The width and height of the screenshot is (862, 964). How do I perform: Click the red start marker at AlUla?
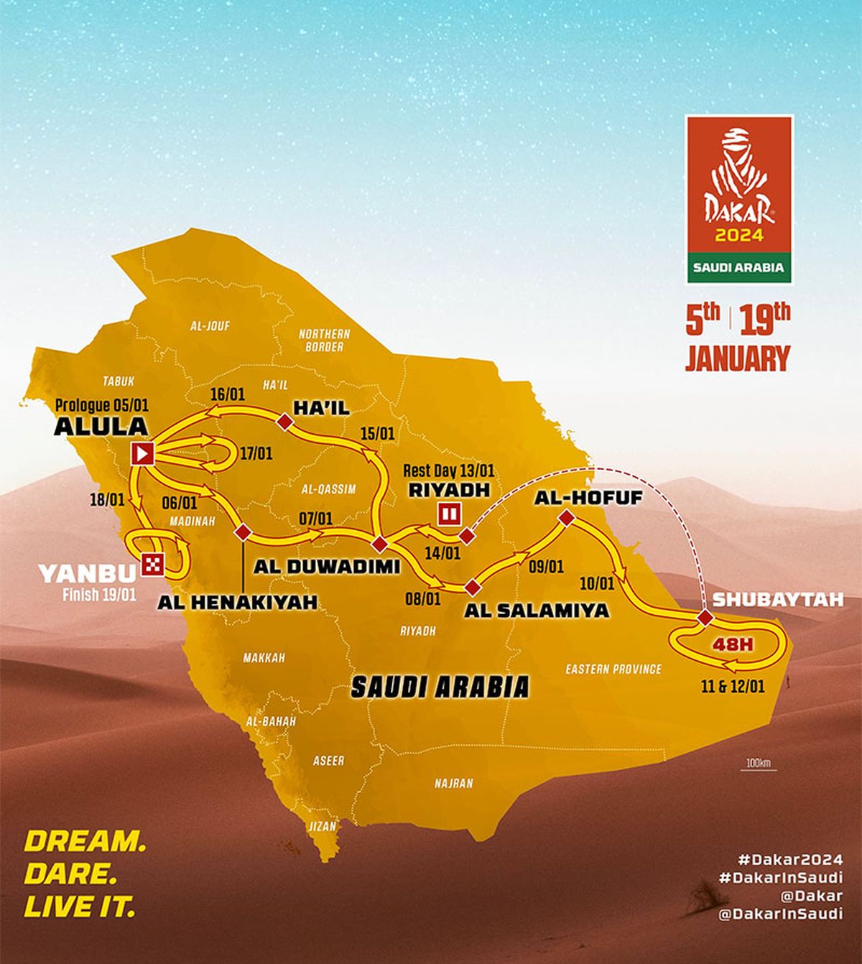click(143, 453)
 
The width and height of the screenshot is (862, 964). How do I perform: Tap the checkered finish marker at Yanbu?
click(152, 564)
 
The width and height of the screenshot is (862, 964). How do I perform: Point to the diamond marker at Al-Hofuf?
click(566, 517)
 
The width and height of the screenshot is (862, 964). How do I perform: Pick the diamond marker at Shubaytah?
click(705, 618)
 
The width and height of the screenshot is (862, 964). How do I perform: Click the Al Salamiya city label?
click(536, 611)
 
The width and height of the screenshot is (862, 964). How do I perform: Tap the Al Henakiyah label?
click(237, 602)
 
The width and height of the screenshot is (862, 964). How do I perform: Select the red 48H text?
click(732, 644)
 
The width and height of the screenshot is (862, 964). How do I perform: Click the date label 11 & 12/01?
click(733, 686)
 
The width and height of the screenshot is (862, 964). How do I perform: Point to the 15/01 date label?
click(378, 434)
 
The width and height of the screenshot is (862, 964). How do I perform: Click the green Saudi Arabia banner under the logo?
click(739, 267)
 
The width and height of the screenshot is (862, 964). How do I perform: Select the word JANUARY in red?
click(737, 358)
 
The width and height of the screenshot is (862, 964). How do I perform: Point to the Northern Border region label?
click(324, 340)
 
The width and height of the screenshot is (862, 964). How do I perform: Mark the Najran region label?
click(453, 783)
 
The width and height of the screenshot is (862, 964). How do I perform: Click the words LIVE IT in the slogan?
click(80, 907)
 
